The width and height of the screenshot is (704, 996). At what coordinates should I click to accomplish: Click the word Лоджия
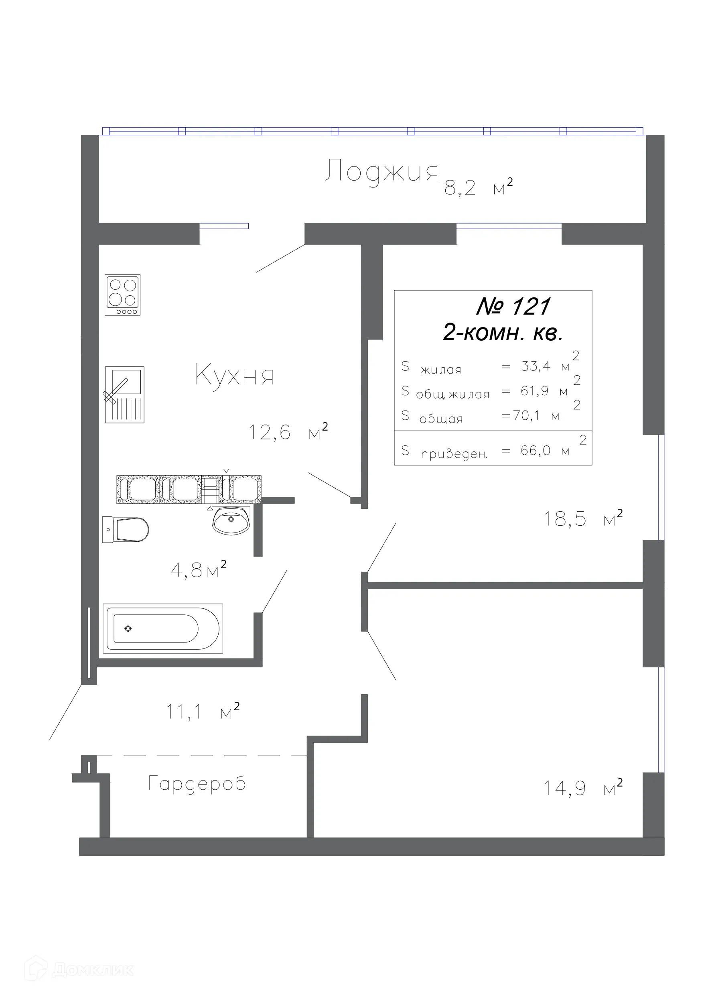[382, 171]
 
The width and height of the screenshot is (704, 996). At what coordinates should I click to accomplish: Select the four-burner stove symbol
[123, 295]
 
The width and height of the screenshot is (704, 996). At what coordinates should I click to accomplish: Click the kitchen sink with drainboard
[124, 394]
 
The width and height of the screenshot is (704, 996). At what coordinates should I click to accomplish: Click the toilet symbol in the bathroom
[126, 529]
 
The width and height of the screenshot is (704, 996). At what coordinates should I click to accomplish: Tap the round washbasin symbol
[231, 520]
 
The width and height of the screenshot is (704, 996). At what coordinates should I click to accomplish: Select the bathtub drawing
[162, 628]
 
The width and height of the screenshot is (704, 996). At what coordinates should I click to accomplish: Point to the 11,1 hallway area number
[184, 712]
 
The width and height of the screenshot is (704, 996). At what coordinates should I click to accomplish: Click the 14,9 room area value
[565, 788]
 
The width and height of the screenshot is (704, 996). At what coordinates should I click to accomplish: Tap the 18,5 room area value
[565, 519]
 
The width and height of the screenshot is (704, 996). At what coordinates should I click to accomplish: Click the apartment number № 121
[513, 306]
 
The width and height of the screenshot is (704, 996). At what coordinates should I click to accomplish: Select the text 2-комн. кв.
[503, 333]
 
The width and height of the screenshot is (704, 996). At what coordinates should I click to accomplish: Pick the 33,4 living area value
[536, 366]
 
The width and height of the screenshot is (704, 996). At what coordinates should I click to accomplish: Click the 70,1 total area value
[526, 415]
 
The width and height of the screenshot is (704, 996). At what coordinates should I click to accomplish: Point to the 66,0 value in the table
[536, 450]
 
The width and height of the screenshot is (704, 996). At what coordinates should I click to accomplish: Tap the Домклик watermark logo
[79, 970]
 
